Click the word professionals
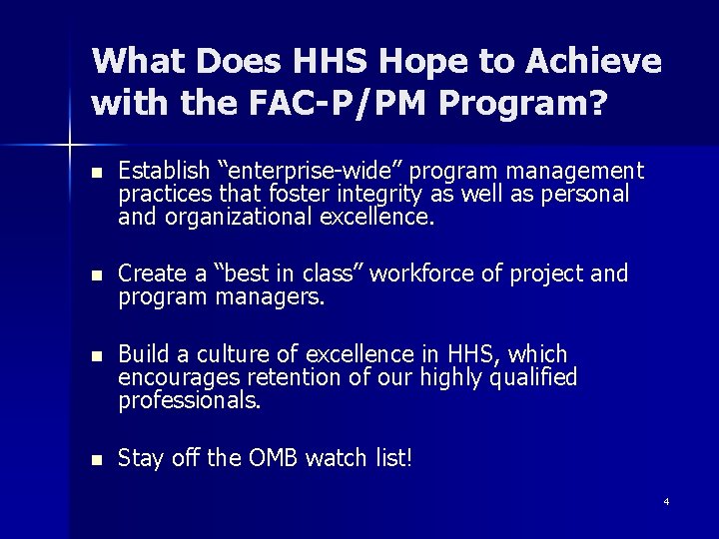pos(190,400)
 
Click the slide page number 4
pos(666,501)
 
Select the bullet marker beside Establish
pos(96,173)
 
